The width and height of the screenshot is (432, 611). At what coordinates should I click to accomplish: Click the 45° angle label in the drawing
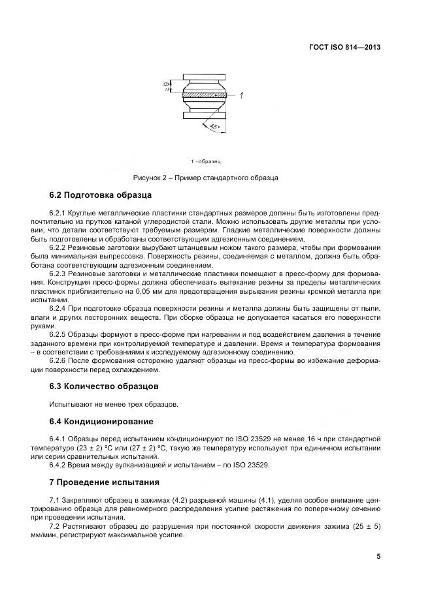click(x=215, y=127)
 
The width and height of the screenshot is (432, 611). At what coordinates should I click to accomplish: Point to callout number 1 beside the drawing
click(x=242, y=96)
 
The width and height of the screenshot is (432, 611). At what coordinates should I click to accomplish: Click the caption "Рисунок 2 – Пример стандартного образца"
click(x=206, y=178)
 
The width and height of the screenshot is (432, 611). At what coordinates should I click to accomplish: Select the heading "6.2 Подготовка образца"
click(x=97, y=195)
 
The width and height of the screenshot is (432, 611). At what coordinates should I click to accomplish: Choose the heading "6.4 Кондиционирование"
click(x=101, y=421)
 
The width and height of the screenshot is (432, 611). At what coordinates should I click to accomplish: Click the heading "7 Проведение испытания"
click(x=105, y=482)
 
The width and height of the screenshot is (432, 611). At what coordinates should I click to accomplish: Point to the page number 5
click(x=378, y=556)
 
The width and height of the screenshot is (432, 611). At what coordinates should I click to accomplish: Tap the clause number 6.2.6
click(x=60, y=360)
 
